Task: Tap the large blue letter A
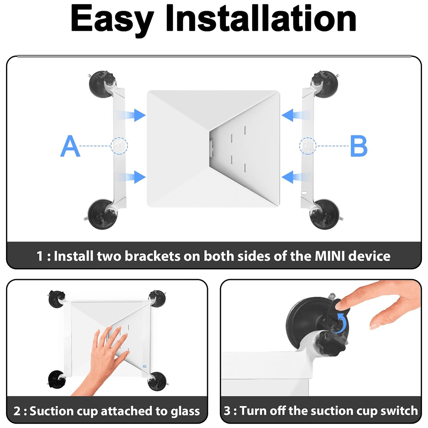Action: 70,146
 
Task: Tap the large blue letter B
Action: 358,146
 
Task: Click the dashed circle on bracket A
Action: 119,146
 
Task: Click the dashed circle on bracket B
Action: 307,146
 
